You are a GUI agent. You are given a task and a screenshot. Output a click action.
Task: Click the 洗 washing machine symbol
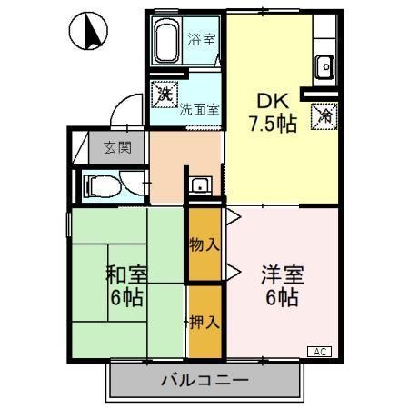(165, 92)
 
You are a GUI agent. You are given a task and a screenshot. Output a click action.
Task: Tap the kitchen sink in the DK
(324, 65)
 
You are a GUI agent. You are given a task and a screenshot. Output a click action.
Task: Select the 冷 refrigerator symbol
(323, 115)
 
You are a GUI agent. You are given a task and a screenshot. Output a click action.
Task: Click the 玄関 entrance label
(116, 145)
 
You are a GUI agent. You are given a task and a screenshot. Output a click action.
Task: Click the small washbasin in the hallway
(201, 186)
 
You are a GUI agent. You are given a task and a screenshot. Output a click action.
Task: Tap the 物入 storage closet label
(204, 244)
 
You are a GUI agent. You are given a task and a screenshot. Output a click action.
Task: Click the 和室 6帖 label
(126, 284)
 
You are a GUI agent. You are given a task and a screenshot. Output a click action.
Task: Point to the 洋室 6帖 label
(280, 284)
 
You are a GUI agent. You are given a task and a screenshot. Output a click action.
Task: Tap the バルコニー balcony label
(204, 380)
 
